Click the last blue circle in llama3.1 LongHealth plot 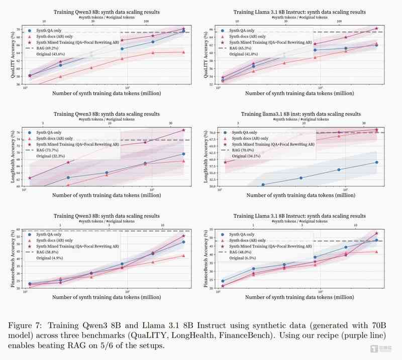point(376,162)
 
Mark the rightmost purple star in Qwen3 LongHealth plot point(183,131)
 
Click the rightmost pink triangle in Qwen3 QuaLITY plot point(183,52)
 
